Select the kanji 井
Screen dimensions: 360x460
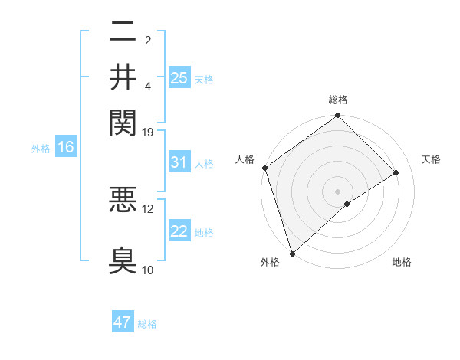pos(123,77)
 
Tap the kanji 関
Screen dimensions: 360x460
pos(123,121)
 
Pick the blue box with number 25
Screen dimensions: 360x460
pos(179,77)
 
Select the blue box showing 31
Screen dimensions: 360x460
pos(179,162)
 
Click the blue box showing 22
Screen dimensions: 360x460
pos(179,231)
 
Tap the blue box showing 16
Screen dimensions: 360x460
pos(65,147)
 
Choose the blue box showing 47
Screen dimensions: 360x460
pos(123,322)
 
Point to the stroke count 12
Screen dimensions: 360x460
pos(148,208)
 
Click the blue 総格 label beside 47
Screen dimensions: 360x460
pos(147,324)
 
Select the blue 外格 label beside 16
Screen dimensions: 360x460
pos(40,148)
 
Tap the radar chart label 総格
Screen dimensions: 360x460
pos(338,100)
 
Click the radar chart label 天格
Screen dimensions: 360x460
pos(431,159)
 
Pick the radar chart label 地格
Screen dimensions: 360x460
pos(402,262)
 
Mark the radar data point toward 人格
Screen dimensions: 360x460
pos(264,168)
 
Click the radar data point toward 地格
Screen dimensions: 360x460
pos(347,204)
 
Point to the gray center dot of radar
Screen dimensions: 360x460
pos(338,191)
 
